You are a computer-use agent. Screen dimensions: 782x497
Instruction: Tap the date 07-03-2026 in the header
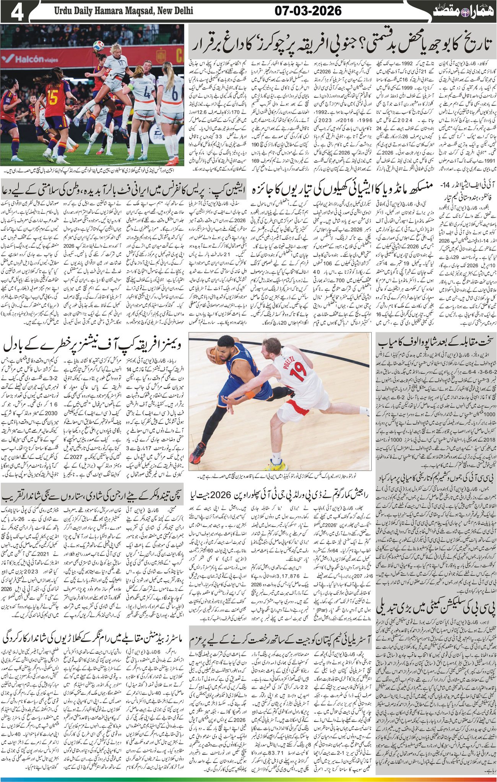[308, 11]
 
